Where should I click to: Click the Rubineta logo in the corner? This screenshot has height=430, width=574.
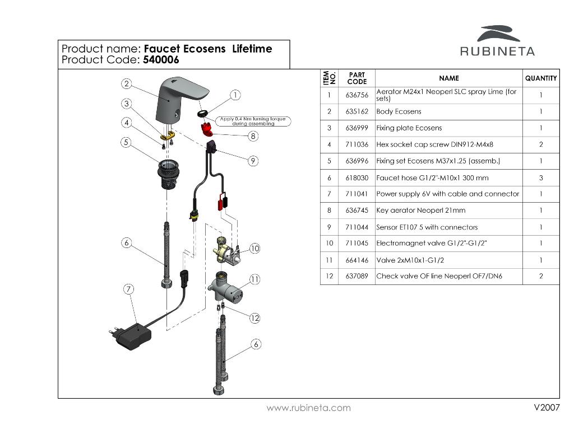pyautogui.click(x=497, y=41)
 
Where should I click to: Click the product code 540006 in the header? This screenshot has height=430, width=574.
pyautogui.click(x=161, y=60)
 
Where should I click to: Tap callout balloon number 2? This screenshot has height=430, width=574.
pyautogui.click(x=127, y=84)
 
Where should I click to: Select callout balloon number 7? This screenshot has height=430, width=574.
pyautogui.click(x=129, y=289)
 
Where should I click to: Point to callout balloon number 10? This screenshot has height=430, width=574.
pyautogui.click(x=254, y=248)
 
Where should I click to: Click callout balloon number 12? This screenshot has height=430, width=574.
pyautogui.click(x=255, y=318)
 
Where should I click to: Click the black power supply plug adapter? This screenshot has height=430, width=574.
pyautogui.click(x=131, y=334)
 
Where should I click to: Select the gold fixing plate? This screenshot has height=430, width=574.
pyautogui.click(x=168, y=135)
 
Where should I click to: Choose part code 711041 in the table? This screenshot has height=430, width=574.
pyautogui.click(x=357, y=194)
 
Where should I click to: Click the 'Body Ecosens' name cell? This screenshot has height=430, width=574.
pyautogui.click(x=399, y=111)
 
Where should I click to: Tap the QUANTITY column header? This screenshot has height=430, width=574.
pyautogui.click(x=540, y=78)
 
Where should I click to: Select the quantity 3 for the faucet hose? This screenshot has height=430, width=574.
pyautogui.click(x=540, y=177)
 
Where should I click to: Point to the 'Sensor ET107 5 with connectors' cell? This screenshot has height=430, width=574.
pyautogui.click(x=427, y=227)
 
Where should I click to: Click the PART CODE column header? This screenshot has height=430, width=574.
pyautogui.click(x=357, y=78)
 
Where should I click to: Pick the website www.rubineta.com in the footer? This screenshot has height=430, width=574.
pyautogui.click(x=308, y=408)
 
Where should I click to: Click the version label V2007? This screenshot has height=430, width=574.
pyautogui.click(x=547, y=408)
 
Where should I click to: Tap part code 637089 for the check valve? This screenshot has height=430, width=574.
pyautogui.click(x=357, y=277)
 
